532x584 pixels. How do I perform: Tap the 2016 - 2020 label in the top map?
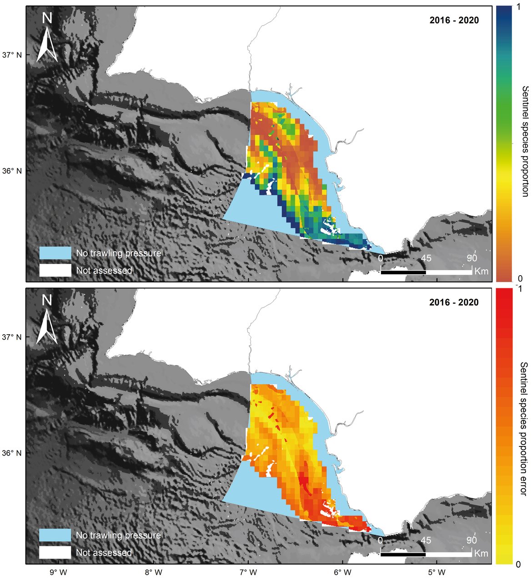[454, 20]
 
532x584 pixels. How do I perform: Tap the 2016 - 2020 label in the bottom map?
[454, 302]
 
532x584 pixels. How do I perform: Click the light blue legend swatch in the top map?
[55, 253]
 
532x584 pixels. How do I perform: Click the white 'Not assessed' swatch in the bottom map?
[55, 553]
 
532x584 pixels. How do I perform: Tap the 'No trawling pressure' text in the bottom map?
[118, 535]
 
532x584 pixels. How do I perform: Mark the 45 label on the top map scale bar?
[426, 258]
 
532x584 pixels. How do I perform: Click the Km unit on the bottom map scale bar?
[481, 554]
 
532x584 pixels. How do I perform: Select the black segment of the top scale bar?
[403, 272]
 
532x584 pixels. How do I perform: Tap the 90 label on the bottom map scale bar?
[472, 540]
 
